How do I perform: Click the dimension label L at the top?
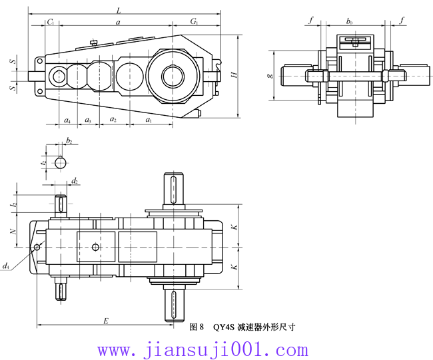pyautogui.click(x=119, y=10)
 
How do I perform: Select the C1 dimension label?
pyautogui.click(x=51, y=23)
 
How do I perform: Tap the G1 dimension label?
pyautogui.click(x=195, y=23)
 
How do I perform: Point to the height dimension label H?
pyautogui.click(x=234, y=75)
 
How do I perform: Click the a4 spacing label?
pyautogui.click(x=67, y=120)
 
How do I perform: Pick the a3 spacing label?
pyautogui.click(x=88, y=120)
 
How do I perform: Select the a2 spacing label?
pyautogui.click(x=113, y=120)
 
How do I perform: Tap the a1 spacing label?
pyautogui.click(x=149, y=120)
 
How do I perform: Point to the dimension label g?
pyautogui.click(x=269, y=75)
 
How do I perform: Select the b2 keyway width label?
pyautogui.click(x=69, y=141)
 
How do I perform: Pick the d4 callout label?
pyautogui.click(x=6, y=266)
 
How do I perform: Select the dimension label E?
pyautogui.click(x=105, y=320)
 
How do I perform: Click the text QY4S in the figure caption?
pyautogui.click(x=224, y=327)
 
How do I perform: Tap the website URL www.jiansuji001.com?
pyautogui.click(x=203, y=349)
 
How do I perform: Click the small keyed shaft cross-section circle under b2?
pyautogui.click(x=61, y=162)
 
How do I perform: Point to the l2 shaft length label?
pyautogui.click(x=13, y=205)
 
